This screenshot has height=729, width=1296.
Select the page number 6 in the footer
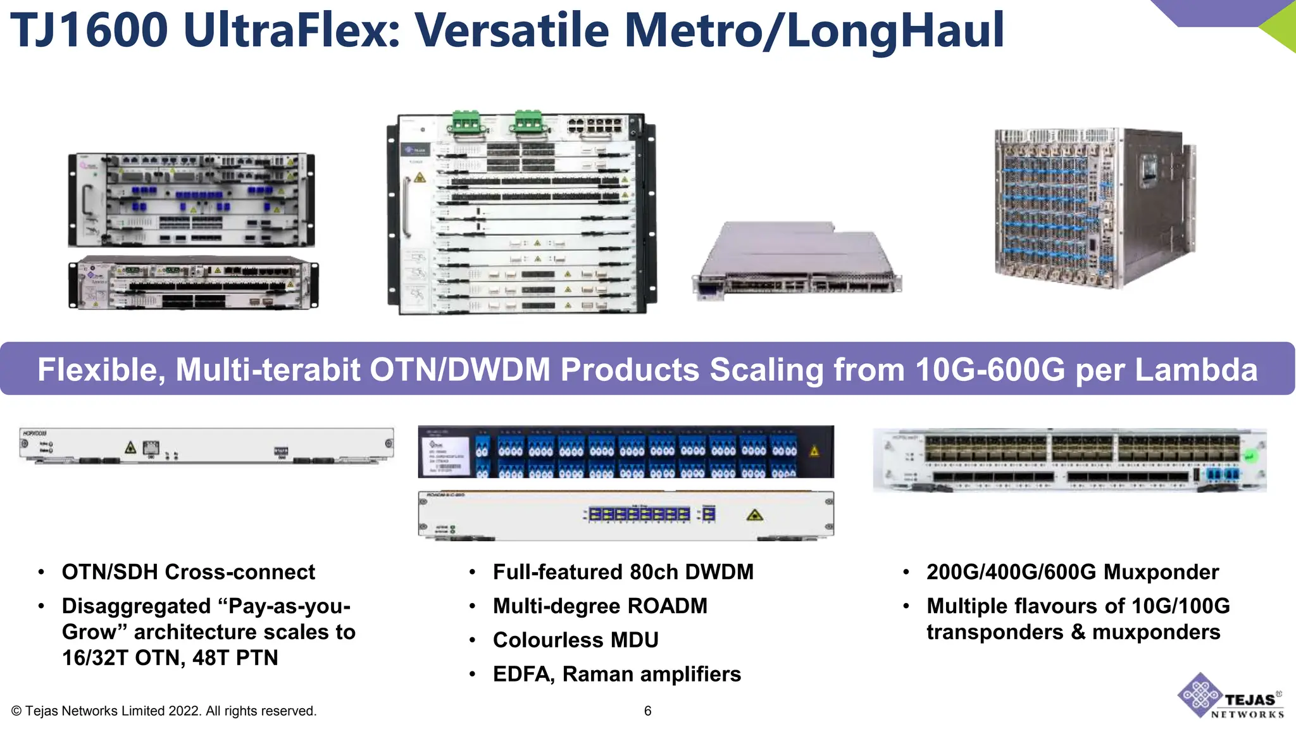(647, 711)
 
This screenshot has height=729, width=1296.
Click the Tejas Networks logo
(1230, 697)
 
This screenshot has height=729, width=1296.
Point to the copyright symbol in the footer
(16, 711)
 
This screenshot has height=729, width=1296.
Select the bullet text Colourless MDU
(575, 640)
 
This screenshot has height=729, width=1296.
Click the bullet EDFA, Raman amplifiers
(616, 674)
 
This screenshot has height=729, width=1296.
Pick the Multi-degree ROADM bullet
(599, 606)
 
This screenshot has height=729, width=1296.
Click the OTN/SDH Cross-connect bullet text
(188, 572)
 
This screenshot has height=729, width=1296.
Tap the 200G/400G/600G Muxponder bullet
(1072, 572)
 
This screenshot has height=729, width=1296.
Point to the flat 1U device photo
(797, 259)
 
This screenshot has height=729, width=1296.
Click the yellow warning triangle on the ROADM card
(754, 515)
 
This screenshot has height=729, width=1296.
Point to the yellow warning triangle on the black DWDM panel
(814, 451)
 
